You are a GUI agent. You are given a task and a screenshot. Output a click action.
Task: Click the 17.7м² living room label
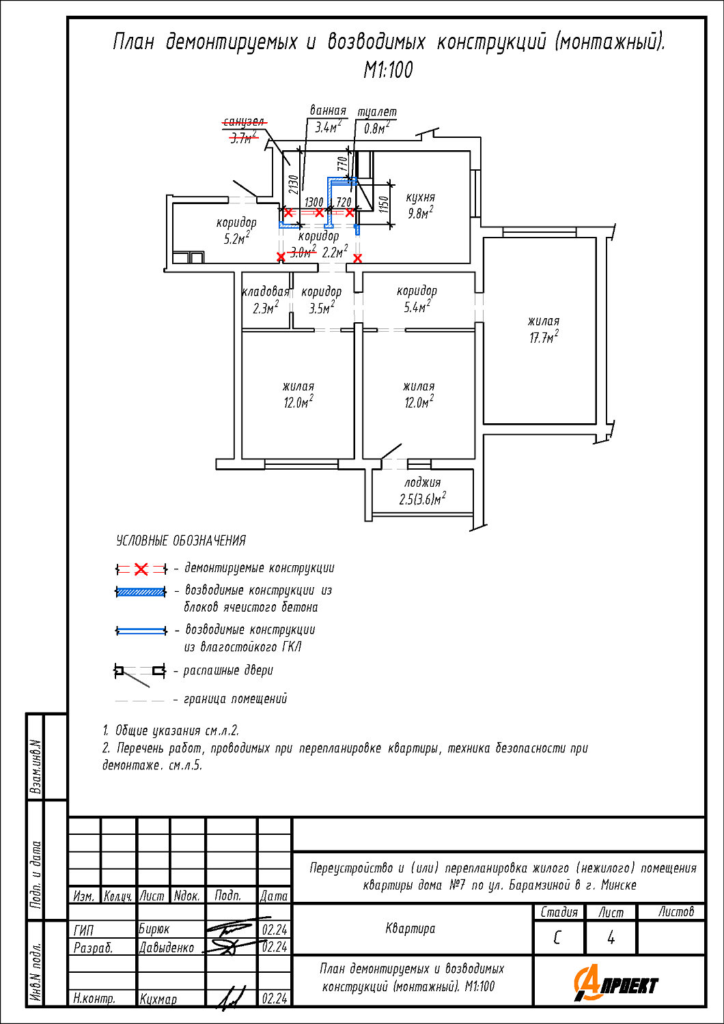point(544,330)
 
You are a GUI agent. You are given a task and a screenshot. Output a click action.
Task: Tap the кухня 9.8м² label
point(420,205)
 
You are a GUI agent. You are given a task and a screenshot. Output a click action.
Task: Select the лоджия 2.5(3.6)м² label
point(422,492)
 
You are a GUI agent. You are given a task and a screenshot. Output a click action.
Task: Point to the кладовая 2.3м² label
point(266,300)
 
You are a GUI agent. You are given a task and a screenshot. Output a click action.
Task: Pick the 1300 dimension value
point(314,202)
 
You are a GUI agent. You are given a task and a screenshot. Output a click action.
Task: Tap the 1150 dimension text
point(384,204)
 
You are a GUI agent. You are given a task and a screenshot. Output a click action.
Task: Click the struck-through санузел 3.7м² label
point(244,130)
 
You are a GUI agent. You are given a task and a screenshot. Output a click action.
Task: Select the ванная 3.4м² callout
point(328,119)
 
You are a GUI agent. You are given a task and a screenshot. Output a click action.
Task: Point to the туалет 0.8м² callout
point(376,119)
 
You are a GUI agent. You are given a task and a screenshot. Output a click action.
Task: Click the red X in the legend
point(141,569)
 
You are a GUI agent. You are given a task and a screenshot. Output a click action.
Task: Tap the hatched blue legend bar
point(141,592)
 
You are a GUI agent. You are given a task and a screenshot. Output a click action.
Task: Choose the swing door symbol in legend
point(140,673)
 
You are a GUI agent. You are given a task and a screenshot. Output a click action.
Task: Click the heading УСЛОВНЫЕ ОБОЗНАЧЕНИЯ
point(181,541)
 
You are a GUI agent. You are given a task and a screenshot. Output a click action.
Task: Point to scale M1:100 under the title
point(388,70)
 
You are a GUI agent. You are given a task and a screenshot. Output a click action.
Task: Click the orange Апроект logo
point(615,983)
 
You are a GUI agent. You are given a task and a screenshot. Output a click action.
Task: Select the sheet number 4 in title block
point(611,938)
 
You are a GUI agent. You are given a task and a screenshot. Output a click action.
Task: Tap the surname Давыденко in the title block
point(167,948)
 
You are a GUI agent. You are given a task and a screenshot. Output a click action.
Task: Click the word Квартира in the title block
point(410,928)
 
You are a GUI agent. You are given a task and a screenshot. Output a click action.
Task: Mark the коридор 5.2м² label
point(236,231)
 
